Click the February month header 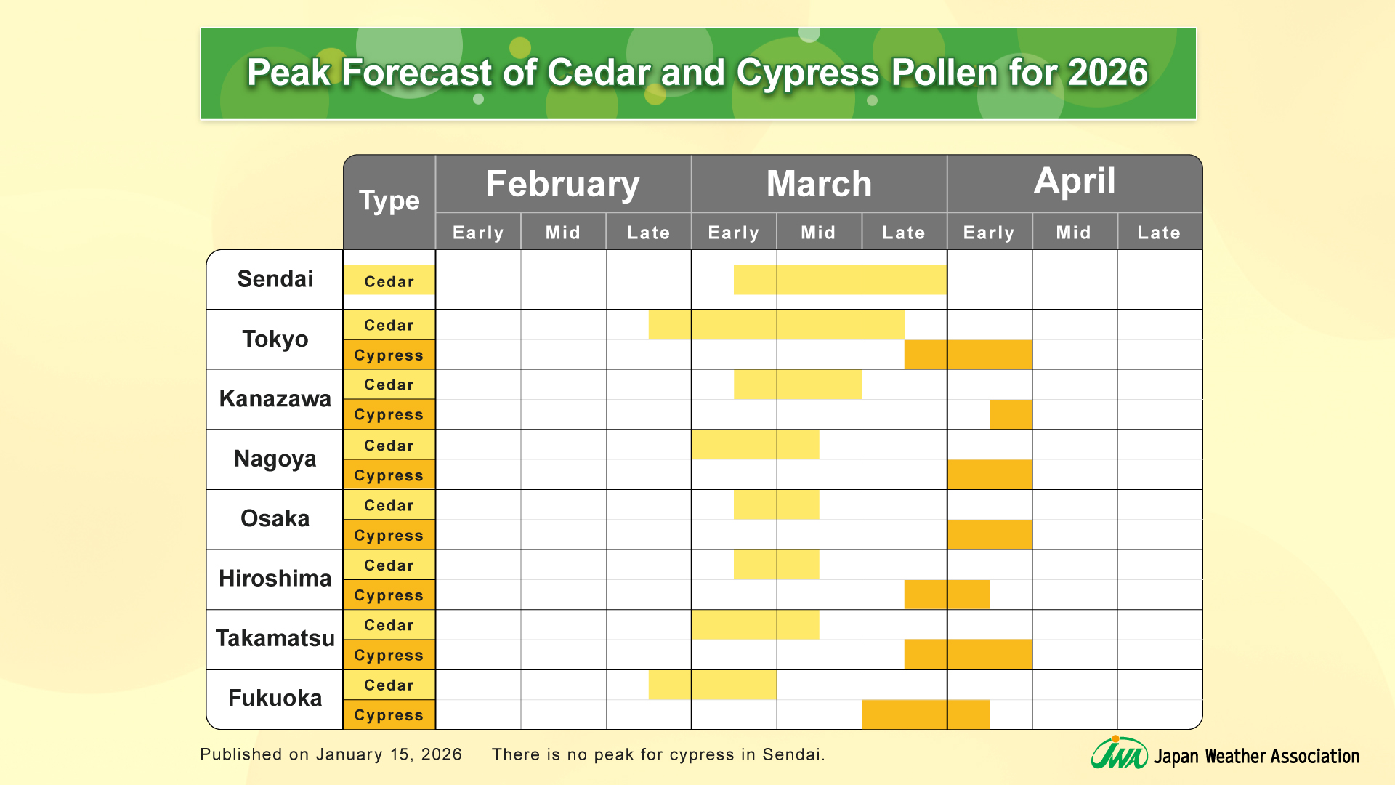(x=562, y=184)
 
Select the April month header (x=1074, y=182)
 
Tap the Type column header (x=389, y=201)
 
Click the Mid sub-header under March (x=819, y=233)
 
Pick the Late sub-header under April (x=1159, y=233)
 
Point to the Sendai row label (x=275, y=279)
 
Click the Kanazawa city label (x=275, y=399)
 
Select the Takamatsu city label (x=275, y=638)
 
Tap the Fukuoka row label (x=275, y=699)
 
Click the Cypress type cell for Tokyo (x=389, y=355)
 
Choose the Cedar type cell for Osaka (x=389, y=505)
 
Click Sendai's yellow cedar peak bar (x=840, y=280)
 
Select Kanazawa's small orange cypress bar (x=1011, y=414)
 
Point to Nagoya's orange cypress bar (x=990, y=475)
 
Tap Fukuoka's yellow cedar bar (x=713, y=685)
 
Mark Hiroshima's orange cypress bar (x=947, y=595)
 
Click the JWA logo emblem (x=1119, y=754)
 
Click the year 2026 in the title (x=1107, y=73)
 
